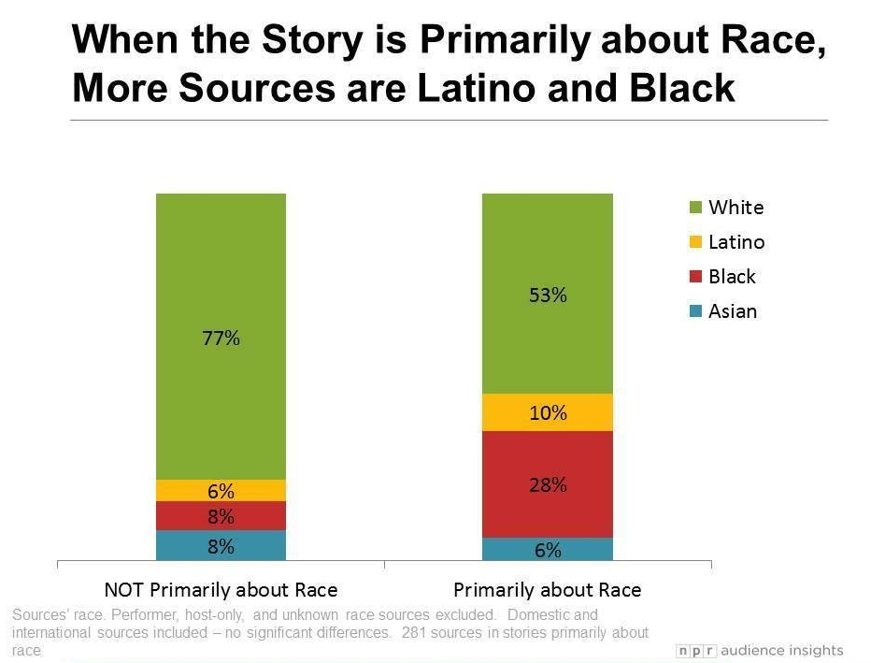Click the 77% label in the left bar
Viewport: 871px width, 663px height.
tap(221, 339)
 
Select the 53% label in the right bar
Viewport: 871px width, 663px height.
tap(548, 295)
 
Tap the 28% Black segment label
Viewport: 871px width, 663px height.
tap(548, 484)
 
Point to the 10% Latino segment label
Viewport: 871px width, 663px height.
tap(548, 412)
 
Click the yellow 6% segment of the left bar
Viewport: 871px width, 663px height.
tap(221, 491)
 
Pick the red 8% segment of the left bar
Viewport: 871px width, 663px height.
tap(221, 516)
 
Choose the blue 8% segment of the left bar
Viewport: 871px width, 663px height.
tap(221, 546)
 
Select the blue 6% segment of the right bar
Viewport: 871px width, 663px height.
tap(548, 550)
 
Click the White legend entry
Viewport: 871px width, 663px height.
tap(735, 208)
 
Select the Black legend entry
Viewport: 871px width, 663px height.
tap(732, 277)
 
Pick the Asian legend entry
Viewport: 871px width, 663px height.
tap(733, 311)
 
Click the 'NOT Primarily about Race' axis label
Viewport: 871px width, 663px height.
tap(221, 590)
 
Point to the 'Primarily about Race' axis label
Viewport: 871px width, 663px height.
tap(548, 590)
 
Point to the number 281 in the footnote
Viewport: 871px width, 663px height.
tap(416, 633)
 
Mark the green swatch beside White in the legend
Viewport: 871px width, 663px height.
tap(696, 208)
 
